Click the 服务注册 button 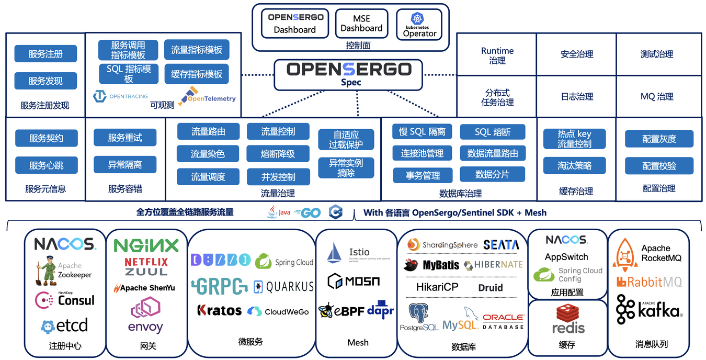click(45, 54)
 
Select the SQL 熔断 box click(492, 132)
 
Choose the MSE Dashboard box click(361, 24)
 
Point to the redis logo click(568, 320)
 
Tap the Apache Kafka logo click(648, 310)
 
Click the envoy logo click(145, 317)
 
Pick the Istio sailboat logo click(335, 253)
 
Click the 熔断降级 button click(278, 154)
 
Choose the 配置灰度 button click(659, 139)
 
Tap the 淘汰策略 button click(574, 166)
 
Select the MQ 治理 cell click(657, 96)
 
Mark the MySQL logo click(461, 319)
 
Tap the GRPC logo click(219, 286)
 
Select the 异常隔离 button click(125, 165)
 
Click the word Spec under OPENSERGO click(351, 82)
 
